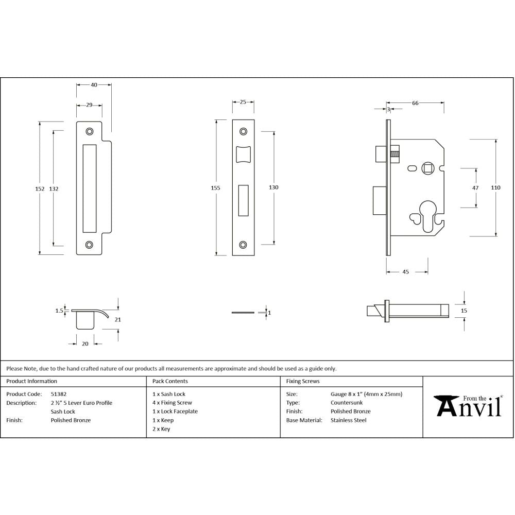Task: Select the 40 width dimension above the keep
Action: point(94,84)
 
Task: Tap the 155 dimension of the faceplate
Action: point(215,188)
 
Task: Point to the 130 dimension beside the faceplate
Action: point(273,187)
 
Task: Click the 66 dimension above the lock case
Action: point(415,103)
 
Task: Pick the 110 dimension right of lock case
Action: point(495,188)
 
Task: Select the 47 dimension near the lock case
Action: point(475,188)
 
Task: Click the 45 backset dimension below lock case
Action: point(405,272)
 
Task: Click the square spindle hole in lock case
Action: point(427,168)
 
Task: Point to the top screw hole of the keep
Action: point(90,131)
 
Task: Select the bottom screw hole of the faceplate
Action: point(243,245)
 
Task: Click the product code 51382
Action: point(58,394)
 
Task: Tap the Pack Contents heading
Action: point(170,381)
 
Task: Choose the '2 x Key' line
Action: point(161,429)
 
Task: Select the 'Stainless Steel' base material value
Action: point(348,420)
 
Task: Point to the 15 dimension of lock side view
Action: point(464,311)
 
